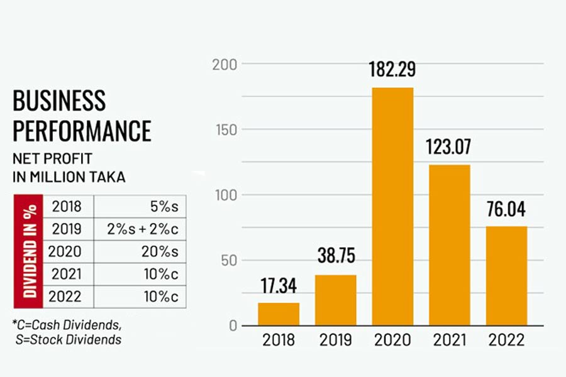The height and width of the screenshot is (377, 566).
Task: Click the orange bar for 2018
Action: [x=279, y=314]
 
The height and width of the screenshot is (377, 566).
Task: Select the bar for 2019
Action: [x=335, y=300]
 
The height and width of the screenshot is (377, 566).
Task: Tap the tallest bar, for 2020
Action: [x=392, y=207]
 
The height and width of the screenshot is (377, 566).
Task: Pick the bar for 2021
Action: [x=449, y=245]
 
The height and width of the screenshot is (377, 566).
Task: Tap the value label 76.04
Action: [x=506, y=210]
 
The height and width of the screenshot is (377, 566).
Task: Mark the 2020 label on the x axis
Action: [x=392, y=341]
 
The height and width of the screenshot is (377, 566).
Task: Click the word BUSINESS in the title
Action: [x=59, y=101]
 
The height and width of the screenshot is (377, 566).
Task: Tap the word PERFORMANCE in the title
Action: [x=82, y=131]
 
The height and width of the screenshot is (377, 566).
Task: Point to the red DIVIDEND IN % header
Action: [x=28, y=251]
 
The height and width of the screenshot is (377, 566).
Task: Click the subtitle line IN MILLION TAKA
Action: [x=69, y=177]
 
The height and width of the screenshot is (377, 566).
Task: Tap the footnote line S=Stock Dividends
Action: [x=69, y=340]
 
